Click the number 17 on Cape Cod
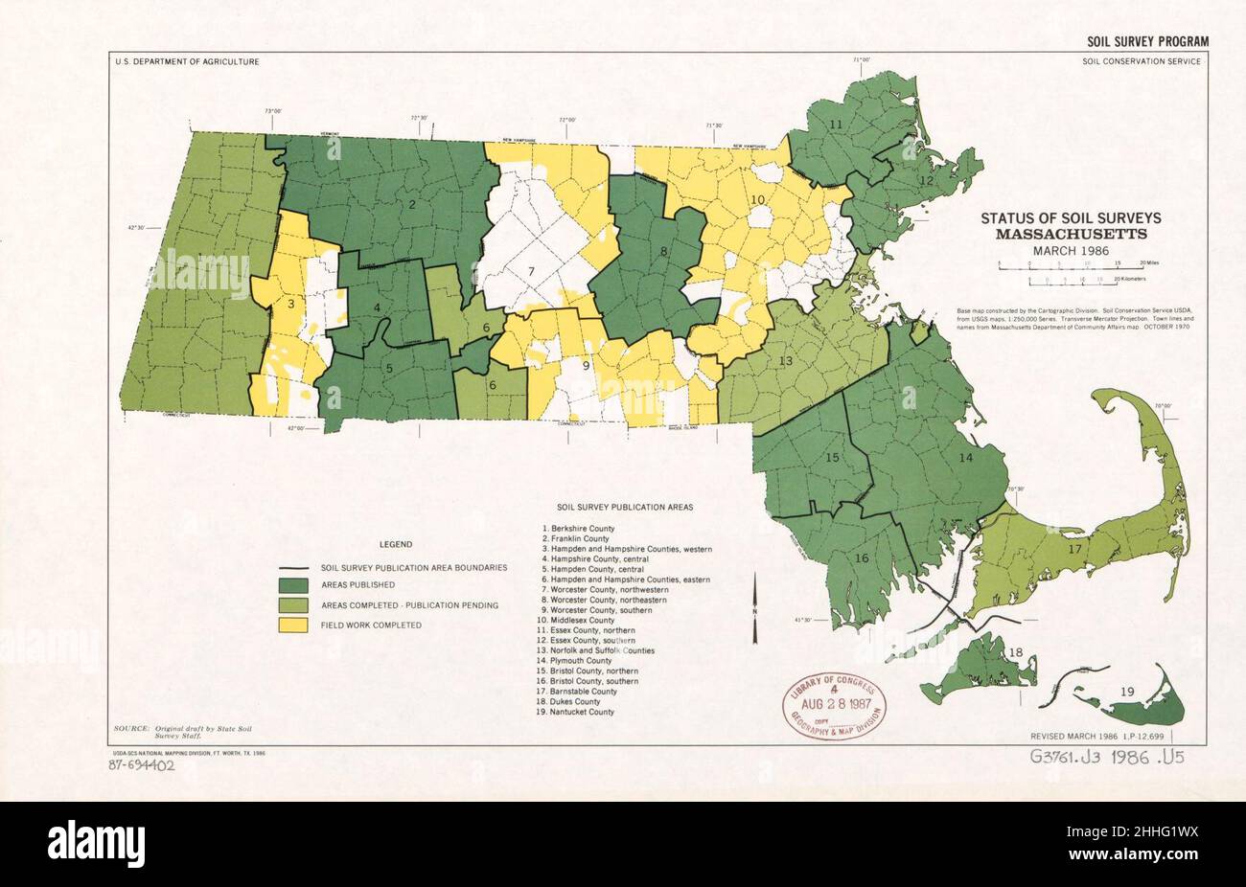pyautogui.click(x=1074, y=549)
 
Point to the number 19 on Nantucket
pyautogui.click(x=1127, y=691)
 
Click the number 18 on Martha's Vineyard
pyautogui.click(x=1016, y=653)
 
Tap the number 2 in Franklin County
pyautogui.click(x=411, y=204)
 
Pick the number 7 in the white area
pyautogui.click(x=529, y=272)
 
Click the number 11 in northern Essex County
pyautogui.click(x=835, y=125)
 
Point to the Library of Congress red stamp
pyautogui.click(x=833, y=704)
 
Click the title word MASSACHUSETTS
pyautogui.click(x=1071, y=234)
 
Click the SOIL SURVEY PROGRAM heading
pyautogui.click(x=1147, y=41)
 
